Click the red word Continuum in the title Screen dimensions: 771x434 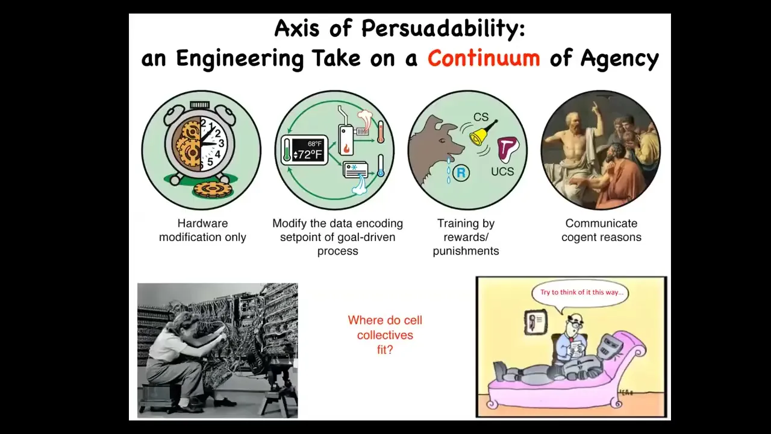484,58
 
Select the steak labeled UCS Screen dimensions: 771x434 507,149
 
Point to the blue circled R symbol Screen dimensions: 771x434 461,172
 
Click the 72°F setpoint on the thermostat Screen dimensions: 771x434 307,155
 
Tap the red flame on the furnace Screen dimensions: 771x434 346,148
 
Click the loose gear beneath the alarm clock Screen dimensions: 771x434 213,189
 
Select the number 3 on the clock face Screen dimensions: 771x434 221,143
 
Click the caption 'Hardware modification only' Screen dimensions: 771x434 202,230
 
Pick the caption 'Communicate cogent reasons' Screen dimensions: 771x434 601,230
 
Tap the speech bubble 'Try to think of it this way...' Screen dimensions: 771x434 581,293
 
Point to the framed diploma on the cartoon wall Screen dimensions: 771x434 535,322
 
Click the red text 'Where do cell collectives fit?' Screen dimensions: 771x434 385,335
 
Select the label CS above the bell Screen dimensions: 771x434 481,117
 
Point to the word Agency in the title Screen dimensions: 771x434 620,58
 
